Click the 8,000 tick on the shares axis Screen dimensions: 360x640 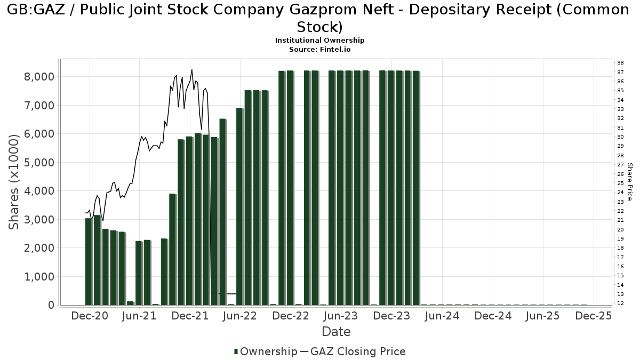[39, 77]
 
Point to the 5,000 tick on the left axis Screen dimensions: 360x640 [39, 163]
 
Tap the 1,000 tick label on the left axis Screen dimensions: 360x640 [39, 277]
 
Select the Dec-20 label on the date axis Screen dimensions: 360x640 [89, 316]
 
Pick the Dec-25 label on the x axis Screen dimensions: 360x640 [594, 316]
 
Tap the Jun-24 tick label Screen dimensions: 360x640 [442, 316]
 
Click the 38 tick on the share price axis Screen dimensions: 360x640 [621, 63]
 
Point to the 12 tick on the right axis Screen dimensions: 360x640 [621, 303]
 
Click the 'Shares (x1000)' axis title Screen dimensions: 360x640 [14, 182]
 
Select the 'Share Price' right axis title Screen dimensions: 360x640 [630, 182]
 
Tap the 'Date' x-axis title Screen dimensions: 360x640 [336, 332]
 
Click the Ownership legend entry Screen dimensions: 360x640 [266, 351]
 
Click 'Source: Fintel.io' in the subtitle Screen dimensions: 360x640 [320, 49]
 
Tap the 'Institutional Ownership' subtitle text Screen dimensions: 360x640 [320, 41]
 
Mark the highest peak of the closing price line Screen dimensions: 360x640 [192, 70]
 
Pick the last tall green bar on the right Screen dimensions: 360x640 [416, 188]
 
